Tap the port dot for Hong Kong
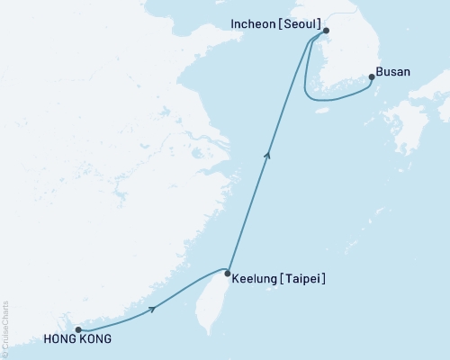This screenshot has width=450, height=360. point(79,329)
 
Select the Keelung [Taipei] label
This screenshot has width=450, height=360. point(278,279)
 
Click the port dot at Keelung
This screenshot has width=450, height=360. point(228,274)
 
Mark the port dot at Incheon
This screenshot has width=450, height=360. point(327,30)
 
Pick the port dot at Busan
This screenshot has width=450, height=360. point(372,77)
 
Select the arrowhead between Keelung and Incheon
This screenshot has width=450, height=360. point(266,156)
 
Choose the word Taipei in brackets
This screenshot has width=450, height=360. point(303,279)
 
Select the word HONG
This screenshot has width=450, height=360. point(58,340)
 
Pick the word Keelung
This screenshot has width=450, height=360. point(256,279)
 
